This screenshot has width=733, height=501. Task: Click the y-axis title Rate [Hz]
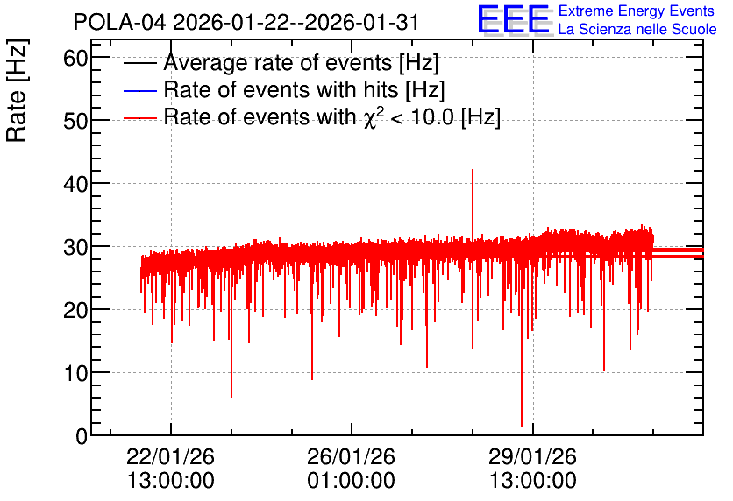(x=17, y=90)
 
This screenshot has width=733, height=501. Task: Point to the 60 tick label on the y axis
(x=75, y=59)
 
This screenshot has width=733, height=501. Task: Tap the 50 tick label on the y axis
(x=75, y=122)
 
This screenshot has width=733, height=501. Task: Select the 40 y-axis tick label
(x=75, y=185)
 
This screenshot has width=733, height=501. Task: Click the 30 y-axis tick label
(x=75, y=248)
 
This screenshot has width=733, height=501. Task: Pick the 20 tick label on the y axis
(x=75, y=311)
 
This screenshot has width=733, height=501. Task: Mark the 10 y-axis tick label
(x=75, y=373)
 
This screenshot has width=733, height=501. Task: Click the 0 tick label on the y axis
(x=82, y=436)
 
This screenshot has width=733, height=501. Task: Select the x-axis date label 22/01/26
(x=171, y=456)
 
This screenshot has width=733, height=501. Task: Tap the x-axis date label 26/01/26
(x=351, y=456)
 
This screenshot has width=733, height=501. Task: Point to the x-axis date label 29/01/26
(x=533, y=456)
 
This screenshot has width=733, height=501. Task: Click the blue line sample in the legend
(x=139, y=90)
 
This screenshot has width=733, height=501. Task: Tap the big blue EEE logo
(x=513, y=19)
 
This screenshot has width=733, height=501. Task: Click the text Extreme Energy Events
(x=637, y=11)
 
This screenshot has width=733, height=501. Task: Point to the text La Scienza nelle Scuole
(x=637, y=30)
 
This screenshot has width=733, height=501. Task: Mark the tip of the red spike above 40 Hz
(x=473, y=170)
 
